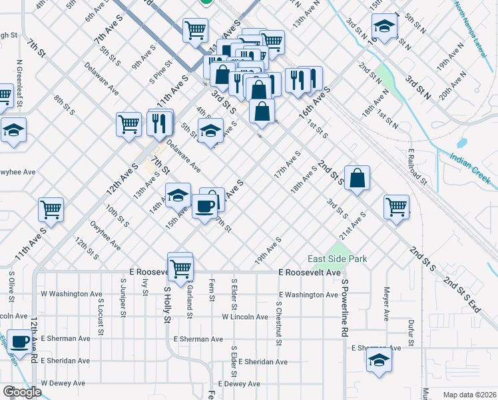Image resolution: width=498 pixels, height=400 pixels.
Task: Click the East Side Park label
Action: (x=338, y=259)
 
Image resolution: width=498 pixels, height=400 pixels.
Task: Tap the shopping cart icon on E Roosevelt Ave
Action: (x=180, y=267)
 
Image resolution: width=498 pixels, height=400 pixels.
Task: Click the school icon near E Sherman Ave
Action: (x=379, y=360)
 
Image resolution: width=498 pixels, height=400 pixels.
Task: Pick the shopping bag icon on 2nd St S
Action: (x=357, y=177)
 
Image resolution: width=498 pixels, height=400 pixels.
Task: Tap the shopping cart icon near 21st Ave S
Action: (x=396, y=206)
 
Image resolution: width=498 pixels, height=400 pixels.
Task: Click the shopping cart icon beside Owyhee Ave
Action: (x=51, y=209)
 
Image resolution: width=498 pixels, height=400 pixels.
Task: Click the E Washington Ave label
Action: (x=308, y=295)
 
